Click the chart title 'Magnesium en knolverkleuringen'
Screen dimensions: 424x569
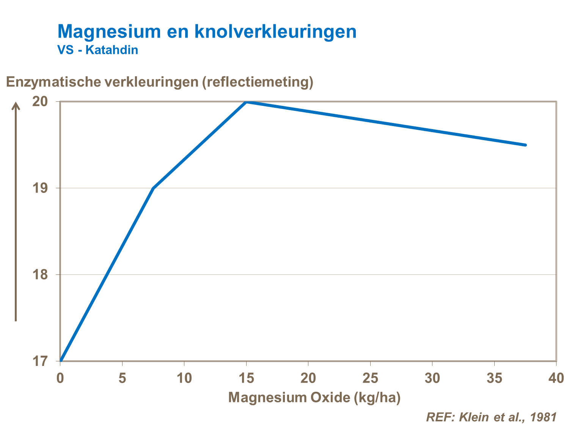[x=207, y=32]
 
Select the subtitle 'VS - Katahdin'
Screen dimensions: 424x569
[x=98, y=50]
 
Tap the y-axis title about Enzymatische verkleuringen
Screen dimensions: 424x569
[x=160, y=82]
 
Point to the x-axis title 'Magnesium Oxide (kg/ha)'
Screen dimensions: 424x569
[x=314, y=397]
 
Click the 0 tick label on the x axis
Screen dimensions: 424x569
[x=60, y=378]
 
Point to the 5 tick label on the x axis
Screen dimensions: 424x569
[x=122, y=378]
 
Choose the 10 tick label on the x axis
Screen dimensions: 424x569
[x=184, y=378]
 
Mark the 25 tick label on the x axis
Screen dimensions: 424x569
[x=370, y=378]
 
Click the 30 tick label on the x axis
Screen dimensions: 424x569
[x=432, y=378]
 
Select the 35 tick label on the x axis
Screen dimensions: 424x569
[x=494, y=378]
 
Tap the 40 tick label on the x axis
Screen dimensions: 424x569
[x=556, y=378]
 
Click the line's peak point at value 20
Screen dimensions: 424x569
[x=246, y=102]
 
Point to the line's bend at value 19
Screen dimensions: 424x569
[x=153, y=188]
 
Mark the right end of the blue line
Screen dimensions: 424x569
[x=525, y=145]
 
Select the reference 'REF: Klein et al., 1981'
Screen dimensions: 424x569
[x=491, y=416]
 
